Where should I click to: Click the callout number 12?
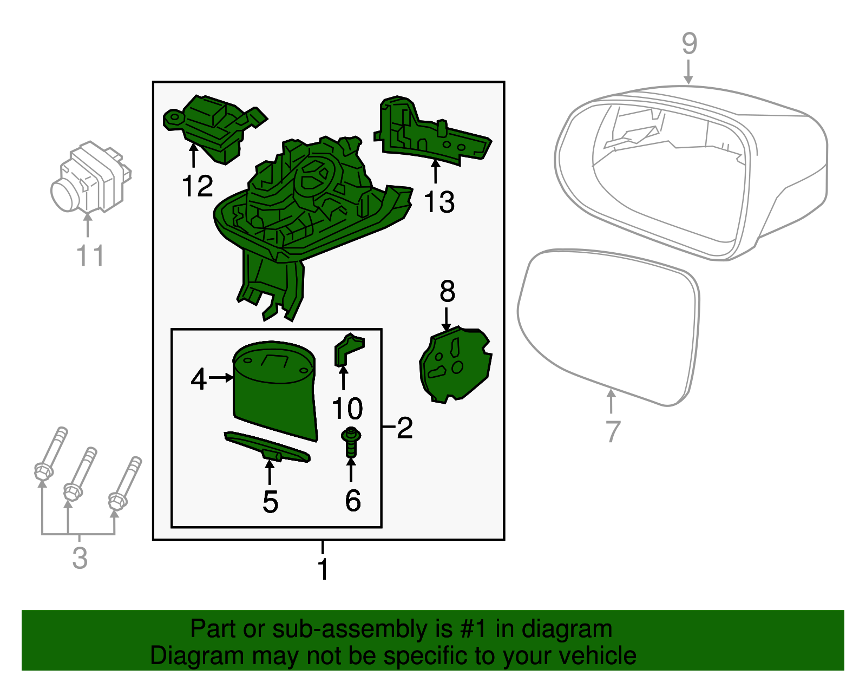pos(197,187)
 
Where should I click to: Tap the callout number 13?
pos(438,202)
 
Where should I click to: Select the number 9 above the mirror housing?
pos(689,43)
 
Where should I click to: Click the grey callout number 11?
pos(90,256)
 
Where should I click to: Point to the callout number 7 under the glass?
pos(612,431)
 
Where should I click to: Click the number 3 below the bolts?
pos(80,558)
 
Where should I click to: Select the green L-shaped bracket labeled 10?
pos(347,350)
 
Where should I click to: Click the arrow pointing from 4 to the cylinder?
pos(220,378)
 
